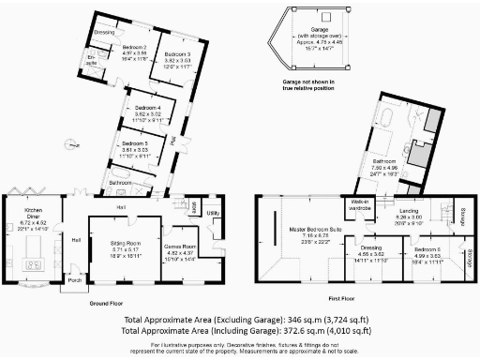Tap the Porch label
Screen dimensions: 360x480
point(73,279)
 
